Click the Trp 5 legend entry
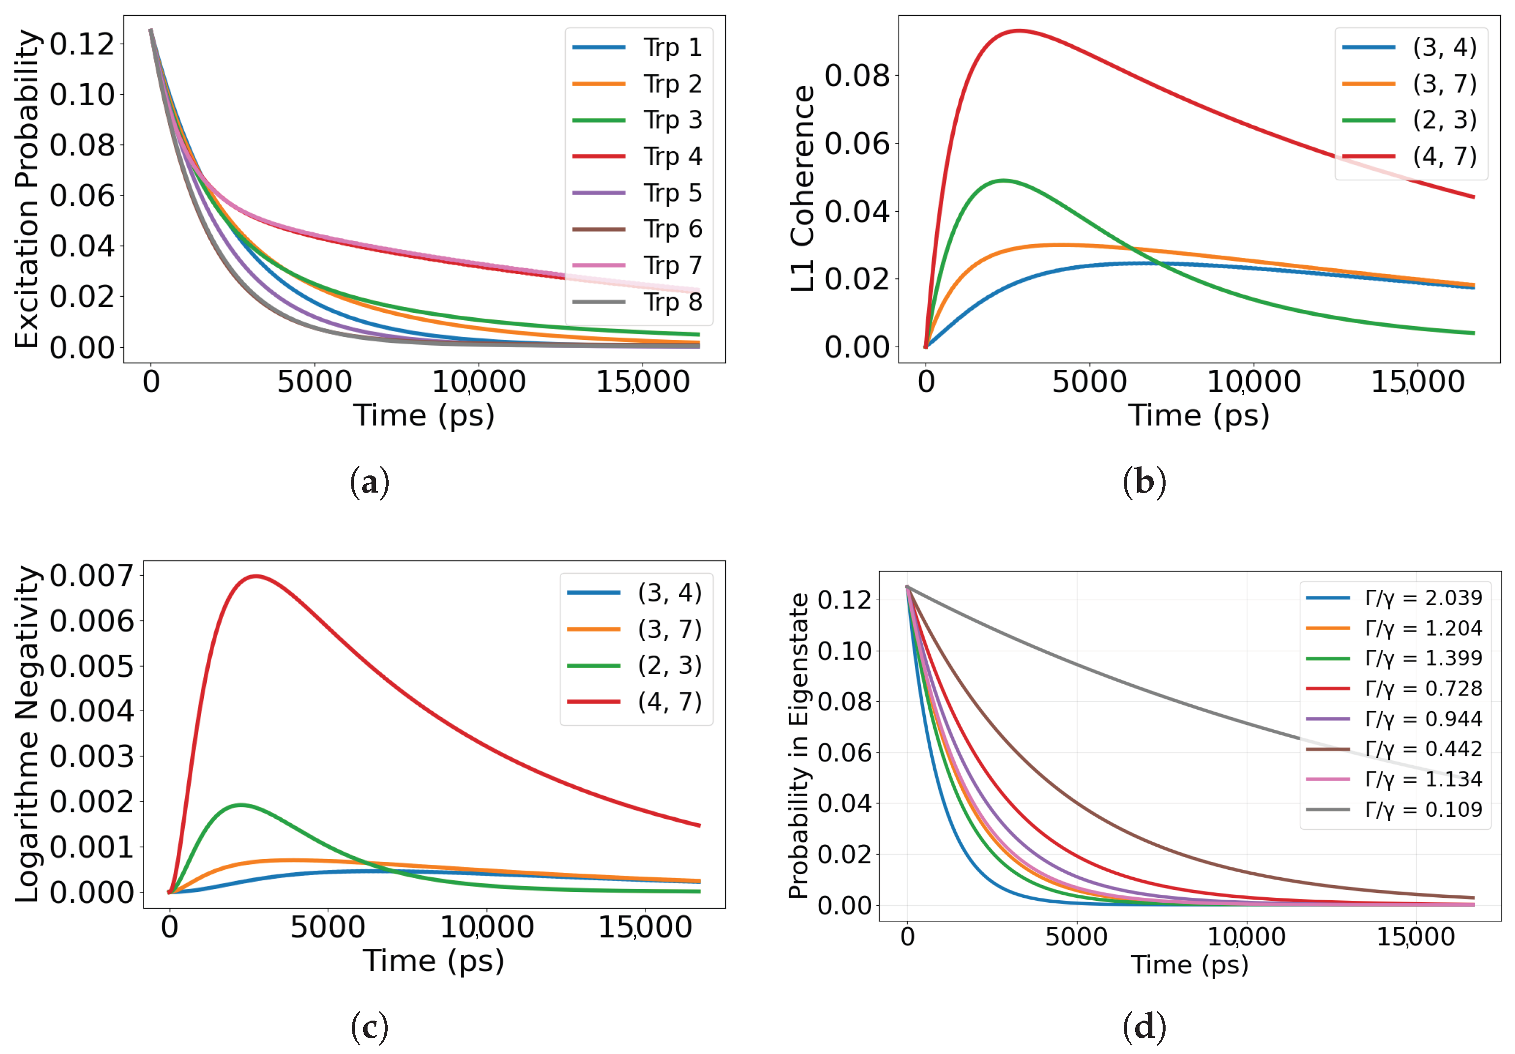pos(637,193)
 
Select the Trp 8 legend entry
pos(637,302)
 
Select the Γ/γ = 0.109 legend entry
pos(1394,809)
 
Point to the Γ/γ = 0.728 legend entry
pos(1394,689)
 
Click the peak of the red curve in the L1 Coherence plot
pos(1020,30)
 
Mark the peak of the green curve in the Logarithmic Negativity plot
pos(240,804)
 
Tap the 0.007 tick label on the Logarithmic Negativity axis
pos(92,576)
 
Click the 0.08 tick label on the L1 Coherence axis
pos(857,76)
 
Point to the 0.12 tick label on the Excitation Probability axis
pos(83,44)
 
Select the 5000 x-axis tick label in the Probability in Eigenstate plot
pos(1076,937)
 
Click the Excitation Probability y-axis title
pos(27,189)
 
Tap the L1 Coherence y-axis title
pos(802,189)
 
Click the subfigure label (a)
pos(370,483)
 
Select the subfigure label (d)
pos(1144,1027)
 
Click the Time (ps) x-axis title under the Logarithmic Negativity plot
pos(433,962)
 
